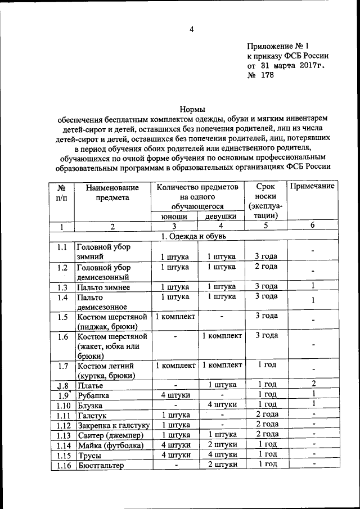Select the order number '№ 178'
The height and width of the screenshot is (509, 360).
[x=260, y=76]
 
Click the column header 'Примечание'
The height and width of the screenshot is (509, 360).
[x=312, y=186]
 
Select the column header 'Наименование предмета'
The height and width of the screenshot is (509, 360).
[x=112, y=192]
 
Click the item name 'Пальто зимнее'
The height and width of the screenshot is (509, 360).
[x=103, y=287]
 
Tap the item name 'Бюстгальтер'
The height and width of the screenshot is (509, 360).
[x=101, y=465]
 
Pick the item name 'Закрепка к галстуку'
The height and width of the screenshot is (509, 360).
[x=112, y=425]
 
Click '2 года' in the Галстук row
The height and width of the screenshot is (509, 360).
[x=267, y=415]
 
